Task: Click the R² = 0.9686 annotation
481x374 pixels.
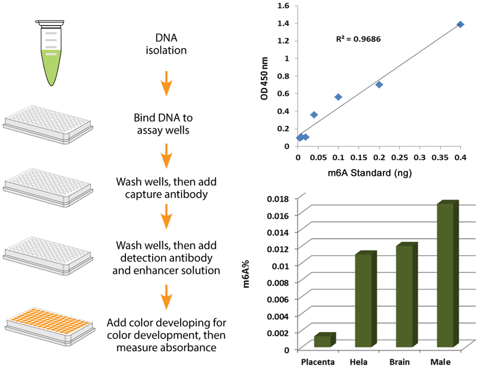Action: tap(357, 39)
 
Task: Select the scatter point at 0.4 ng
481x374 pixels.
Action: tap(460, 25)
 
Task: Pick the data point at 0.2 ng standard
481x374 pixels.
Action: tap(379, 85)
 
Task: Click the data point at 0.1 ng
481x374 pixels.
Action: tap(338, 97)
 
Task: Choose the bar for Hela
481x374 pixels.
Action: tap(364, 300)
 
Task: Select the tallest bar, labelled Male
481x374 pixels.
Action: tap(446, 274)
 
